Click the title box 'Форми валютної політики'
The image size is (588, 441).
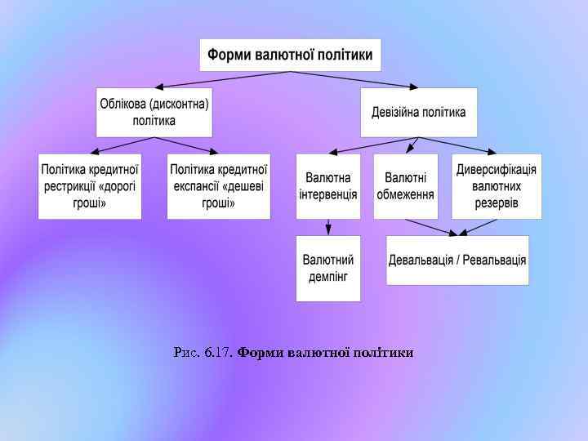click(x=290, y=56)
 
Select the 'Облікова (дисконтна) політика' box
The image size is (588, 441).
click(x=154, y=112)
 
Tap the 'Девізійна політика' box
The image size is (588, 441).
click(x=419, y=112)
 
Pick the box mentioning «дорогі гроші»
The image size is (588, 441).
click(x=90, y=186)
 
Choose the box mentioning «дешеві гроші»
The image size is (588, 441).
click(x=219, y=186)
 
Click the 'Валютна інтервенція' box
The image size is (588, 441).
click(x=328, y=186)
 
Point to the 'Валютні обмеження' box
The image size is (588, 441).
click(x=406, y=186)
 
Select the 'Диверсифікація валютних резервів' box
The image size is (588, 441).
click(x=497, y=186)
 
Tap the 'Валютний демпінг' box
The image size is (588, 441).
click(x=328, y=268)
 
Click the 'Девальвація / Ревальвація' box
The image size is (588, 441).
click(x=457, y=260)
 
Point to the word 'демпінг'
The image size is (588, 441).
click(x=328, y=276)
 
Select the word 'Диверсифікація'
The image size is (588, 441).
click(x=497, y=169)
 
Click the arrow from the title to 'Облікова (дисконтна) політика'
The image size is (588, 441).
click(x=220, y=79)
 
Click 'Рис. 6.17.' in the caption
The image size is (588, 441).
click(x=203, y=353)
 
